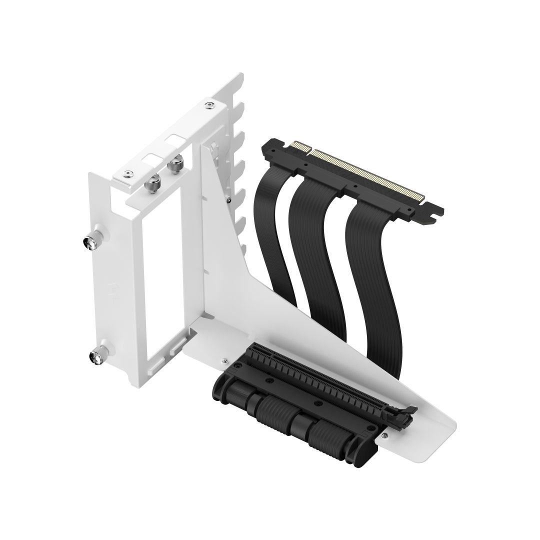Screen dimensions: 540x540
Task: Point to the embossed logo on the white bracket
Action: tap(114, 287)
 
